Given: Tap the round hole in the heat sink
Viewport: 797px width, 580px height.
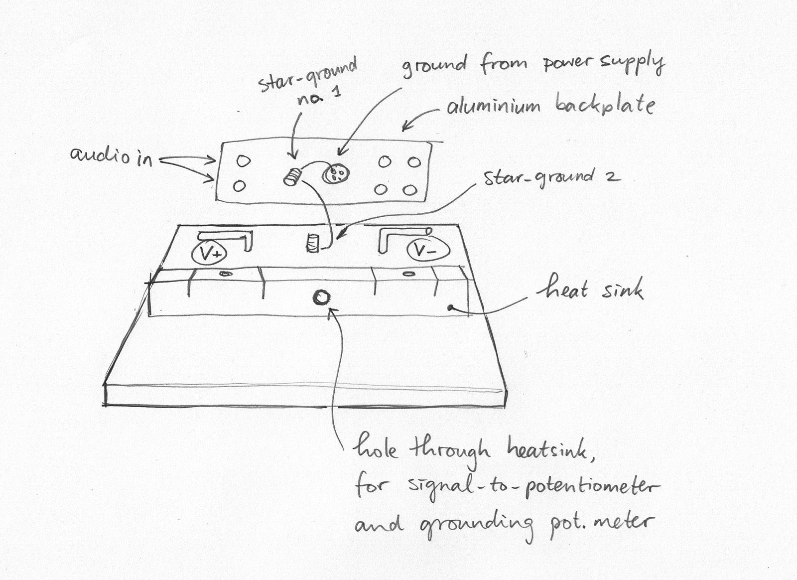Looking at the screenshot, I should coord(321,298).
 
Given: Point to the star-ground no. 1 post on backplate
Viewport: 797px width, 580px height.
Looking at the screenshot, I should coord(293,176).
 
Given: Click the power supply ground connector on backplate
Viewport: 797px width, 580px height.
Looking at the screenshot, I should coord(336,173).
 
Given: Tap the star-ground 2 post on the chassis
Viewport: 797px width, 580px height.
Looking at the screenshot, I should coord(312,243).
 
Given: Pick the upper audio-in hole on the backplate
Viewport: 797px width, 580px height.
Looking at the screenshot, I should coord(243,161).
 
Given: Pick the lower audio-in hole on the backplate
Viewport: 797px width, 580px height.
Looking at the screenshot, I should coord(239,186).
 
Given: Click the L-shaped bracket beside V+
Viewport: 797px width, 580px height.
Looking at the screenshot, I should coord(229,238).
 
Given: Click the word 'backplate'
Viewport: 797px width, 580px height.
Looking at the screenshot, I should coord(604,105).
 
